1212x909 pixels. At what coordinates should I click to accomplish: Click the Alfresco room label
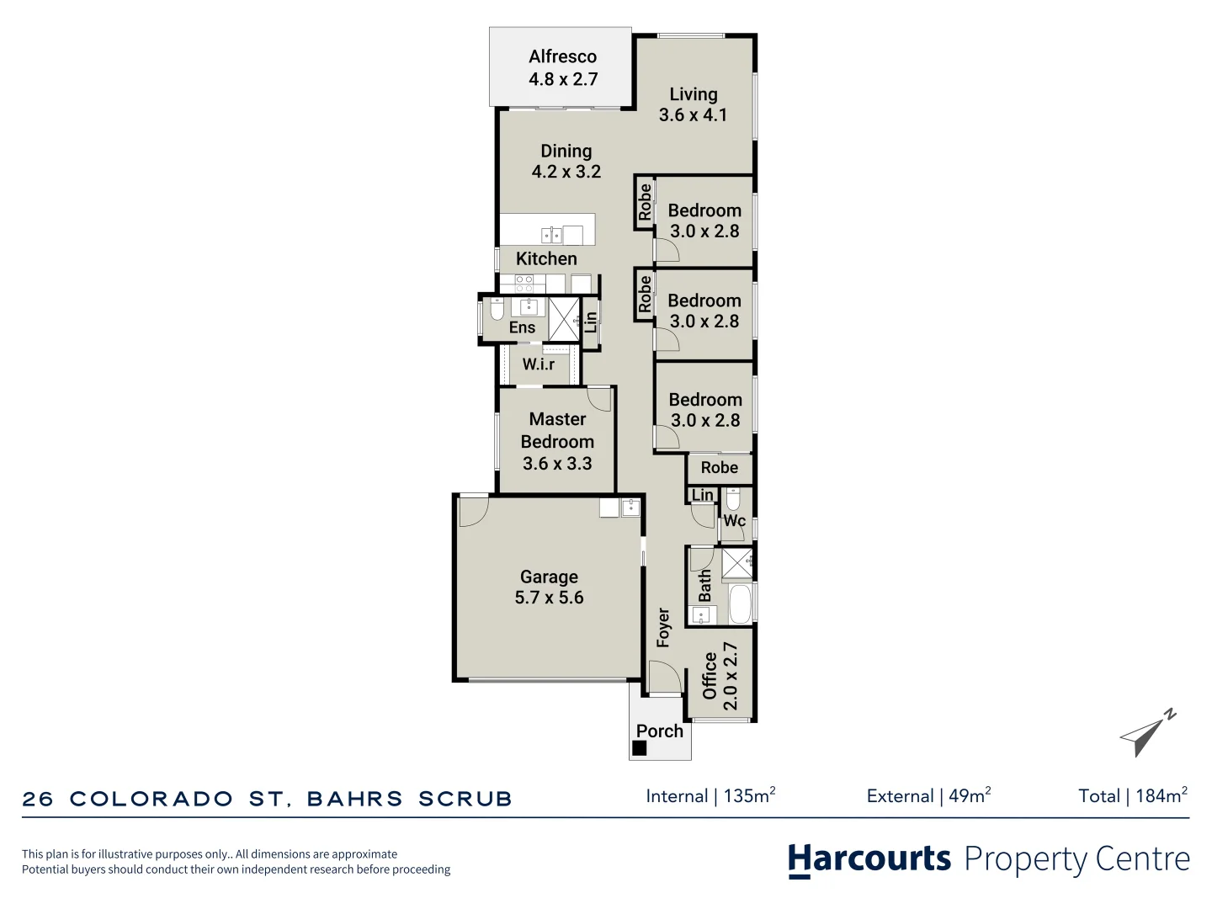click(562, 56)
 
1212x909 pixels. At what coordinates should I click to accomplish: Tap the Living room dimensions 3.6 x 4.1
click(693, 115)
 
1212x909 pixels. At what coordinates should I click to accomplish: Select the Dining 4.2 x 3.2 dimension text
click(566, 172)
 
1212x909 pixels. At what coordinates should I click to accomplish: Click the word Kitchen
click(546, 259)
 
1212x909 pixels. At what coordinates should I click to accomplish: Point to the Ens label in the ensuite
click(522, 327)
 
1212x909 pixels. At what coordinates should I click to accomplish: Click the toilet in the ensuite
click(497, 309)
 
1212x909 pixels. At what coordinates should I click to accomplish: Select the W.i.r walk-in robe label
click(539, 364)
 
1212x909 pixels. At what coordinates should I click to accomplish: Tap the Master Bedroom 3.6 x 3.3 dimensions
click(557, 464)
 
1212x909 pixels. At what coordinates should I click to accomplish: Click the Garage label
click(549, 577)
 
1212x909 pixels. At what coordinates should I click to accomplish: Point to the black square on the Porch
click(640, 747)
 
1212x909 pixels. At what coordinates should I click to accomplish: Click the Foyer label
click(663, 627)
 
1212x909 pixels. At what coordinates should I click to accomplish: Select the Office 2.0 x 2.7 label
click(720, 676)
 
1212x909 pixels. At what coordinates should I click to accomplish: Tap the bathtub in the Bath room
click(740, 604)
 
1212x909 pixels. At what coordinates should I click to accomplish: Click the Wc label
click(735, 521)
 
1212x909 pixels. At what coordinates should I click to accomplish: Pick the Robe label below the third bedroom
click(719, 468)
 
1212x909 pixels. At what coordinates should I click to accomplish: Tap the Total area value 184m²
click(1161, 796)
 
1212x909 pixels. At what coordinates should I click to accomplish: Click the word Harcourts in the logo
click(869, 859)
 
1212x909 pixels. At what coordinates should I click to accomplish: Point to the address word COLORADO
click(151, 799)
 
